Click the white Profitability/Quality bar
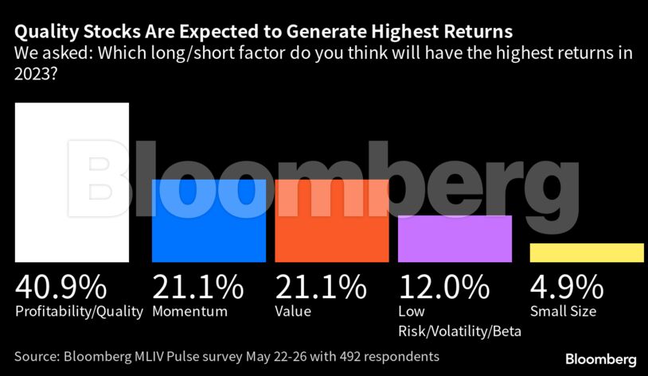pos(72,183)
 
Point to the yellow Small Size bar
pos(587,253)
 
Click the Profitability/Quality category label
pos(79,312)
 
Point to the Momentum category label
pos(189,312)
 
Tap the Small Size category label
pos(563,312)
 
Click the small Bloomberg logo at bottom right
pos(601,359)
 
